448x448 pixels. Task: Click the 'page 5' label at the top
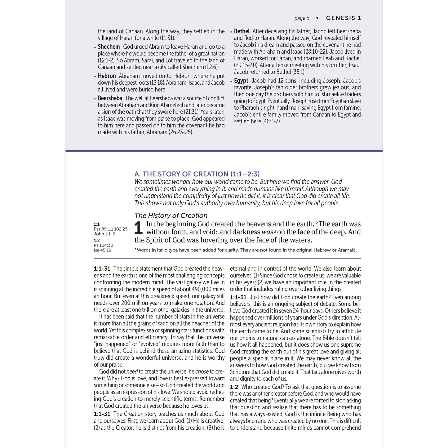[302, 18]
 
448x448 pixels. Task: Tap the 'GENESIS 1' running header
[344, 18]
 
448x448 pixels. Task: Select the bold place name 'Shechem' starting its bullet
[109, 47]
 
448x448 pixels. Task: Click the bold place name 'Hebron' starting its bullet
[107, 76]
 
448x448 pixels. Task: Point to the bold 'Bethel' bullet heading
[242, 31]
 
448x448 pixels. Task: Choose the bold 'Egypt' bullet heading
[241, 81]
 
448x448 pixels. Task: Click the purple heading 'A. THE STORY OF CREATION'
[197, 174]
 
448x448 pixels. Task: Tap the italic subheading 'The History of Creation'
[171, 215]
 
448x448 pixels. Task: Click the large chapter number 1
[138, 228]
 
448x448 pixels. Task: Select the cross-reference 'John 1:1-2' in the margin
[104, 234]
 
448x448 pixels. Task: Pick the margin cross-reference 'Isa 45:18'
[102, 250]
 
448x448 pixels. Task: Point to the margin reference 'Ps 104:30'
[104, 245]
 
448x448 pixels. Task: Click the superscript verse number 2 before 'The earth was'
[317, 223]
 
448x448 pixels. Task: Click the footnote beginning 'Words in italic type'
[247, 250]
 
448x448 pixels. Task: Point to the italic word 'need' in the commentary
[132, 371]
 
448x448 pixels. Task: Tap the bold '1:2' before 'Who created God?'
[234, 387]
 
